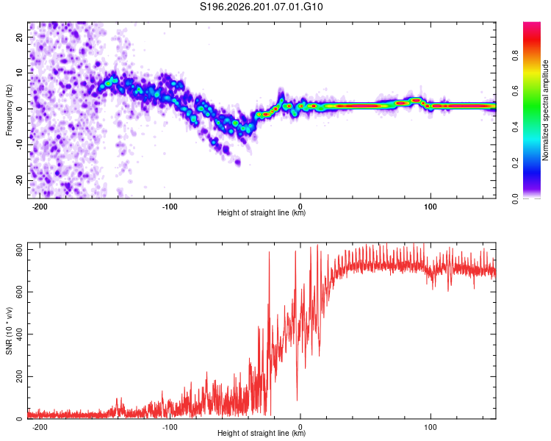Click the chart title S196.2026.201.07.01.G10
(261, 7)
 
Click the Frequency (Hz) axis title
(9, 110)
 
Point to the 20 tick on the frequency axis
(20, 37)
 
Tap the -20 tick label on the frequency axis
(20, 180)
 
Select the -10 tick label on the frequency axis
(20, 145)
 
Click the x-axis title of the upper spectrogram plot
(262, 212)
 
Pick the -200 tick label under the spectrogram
(40, 207)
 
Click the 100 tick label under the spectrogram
(431, 207)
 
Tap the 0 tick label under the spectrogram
(300, 207)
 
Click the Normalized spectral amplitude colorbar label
(545, 110)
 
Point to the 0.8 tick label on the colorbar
(515, 56)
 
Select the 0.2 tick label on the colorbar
(515, 163)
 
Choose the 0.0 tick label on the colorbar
(515, 198)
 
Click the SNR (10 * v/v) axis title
(9, 331)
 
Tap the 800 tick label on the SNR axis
(20, 249)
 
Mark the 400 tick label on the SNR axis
(20, 334)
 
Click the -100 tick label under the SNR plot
(170, 427)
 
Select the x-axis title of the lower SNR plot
(262, 433)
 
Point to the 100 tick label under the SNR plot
(431, 427)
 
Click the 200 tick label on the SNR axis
(20, 376)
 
